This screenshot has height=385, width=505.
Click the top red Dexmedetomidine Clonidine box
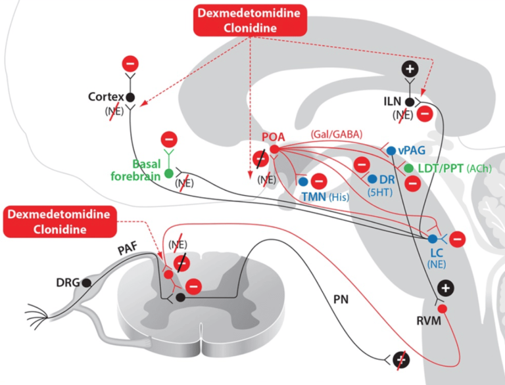click(x=250, y=20)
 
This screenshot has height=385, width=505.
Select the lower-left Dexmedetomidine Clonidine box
click(x=60, y=222)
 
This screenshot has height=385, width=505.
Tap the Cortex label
click(x=106, y=97)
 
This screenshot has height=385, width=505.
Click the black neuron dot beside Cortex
click(x=130, y=97)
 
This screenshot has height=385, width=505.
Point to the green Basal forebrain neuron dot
click(x=169, y=174)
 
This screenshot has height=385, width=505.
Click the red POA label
click(x=274, y=137)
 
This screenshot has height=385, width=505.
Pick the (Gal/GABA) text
click(x=337, y=134)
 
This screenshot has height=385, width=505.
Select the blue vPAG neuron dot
click(x=391, y=150)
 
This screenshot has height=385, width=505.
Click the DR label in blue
click(x=387, y=179)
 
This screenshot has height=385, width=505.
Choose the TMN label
click(x=314, y=196)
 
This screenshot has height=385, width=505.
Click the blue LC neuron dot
click(x=432, y=239)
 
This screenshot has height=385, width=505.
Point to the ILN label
click(x=393, y=102)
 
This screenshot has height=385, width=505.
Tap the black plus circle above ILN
click(x=410, y=69)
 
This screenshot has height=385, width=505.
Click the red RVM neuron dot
click(x=443, y=309)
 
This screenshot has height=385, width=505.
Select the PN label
click(x=341, y=300)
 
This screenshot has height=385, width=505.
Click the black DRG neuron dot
click(x=86, y=283)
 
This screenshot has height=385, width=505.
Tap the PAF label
click(x=128, y=249)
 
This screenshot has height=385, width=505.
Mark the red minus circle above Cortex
click(x=130, y=64)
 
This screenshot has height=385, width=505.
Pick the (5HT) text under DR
click(x=380, y=192)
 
